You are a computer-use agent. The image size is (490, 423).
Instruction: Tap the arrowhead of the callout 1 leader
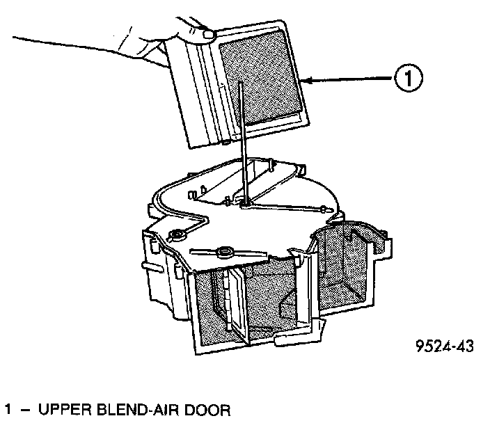tap(308, 82)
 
